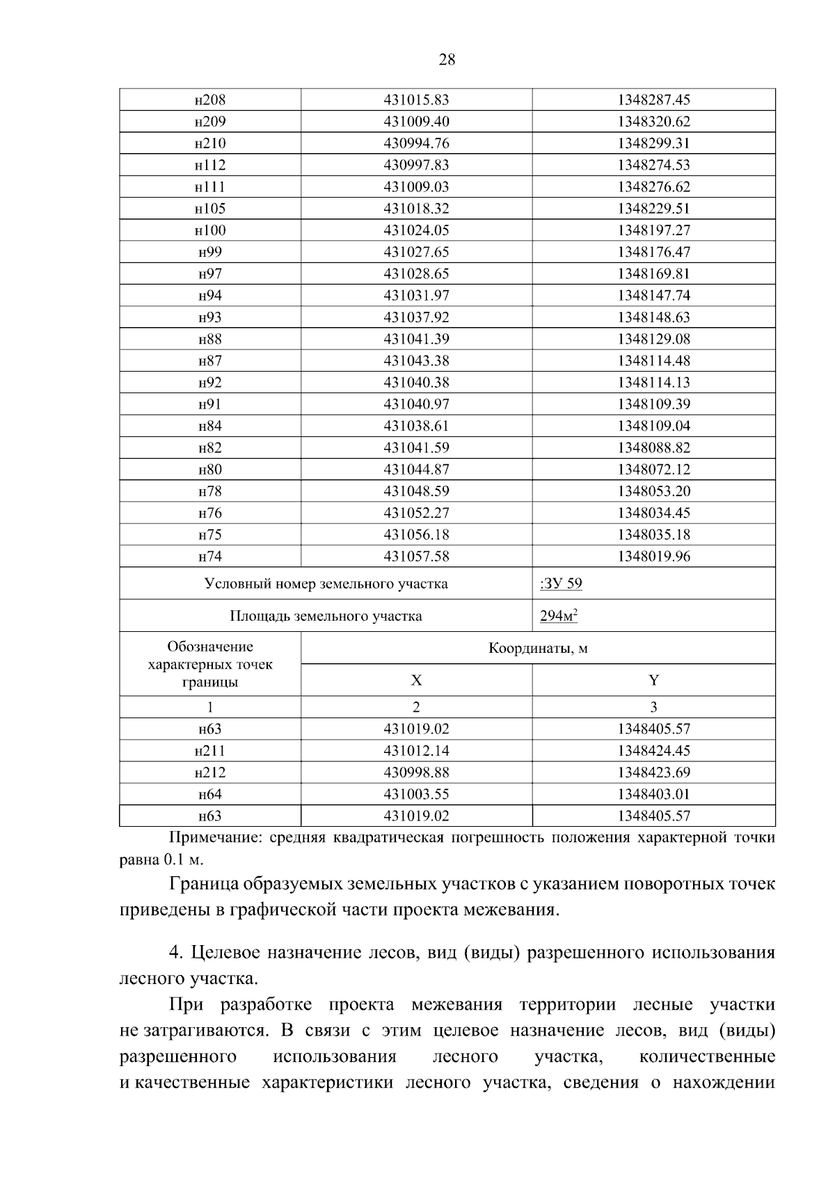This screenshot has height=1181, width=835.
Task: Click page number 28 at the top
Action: (x=447, y=60)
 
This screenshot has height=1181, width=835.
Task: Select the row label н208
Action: (x=210, y=100)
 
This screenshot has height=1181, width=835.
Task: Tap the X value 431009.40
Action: (x=416, y=122)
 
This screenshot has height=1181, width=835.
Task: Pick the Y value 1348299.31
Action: (x=653, y=143)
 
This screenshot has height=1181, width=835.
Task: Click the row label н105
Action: (x=210, y=209)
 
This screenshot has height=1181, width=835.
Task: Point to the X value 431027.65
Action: (x=416, y=252)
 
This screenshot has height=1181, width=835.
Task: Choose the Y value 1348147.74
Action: (x=653, y=296)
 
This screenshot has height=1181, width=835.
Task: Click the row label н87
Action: (x=210, y=360)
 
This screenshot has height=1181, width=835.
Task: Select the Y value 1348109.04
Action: (x=653, y=426)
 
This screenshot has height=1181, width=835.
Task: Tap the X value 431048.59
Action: (x=416, y=491)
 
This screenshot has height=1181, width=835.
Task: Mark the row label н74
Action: (x=210, y=557)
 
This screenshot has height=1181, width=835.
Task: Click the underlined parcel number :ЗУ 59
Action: (x=561, y=583)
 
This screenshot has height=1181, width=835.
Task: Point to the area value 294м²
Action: (x=559, y=616)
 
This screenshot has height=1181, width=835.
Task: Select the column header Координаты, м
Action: (x=538, y=649)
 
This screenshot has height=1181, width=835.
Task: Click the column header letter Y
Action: (x=653, y=681)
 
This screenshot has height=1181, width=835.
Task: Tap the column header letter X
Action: (x=416, y=681)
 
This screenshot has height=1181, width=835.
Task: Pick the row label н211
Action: (x=210, y=751)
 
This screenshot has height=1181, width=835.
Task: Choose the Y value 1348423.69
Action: (x=653, y=772)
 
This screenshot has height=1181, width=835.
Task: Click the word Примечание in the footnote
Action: (x=213, y=838)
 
